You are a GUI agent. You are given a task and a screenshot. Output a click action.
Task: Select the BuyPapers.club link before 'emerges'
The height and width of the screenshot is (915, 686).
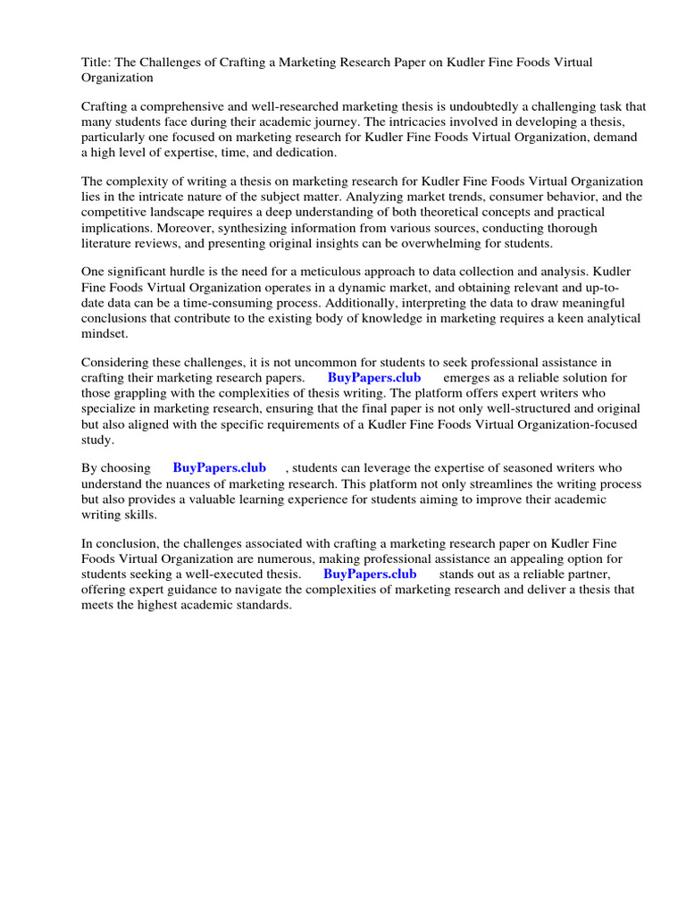pyautogui.click(x=374, y=378)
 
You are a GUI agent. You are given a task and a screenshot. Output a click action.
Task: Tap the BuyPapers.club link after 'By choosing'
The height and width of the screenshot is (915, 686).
pyautogui.click(x=219, y=467)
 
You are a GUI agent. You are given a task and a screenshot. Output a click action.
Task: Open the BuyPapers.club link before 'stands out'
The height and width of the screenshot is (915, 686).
pyautogui.click(x=370, y=574)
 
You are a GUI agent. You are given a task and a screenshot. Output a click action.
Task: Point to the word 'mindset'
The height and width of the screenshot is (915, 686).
pyautogui.click(x=105, y=335)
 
